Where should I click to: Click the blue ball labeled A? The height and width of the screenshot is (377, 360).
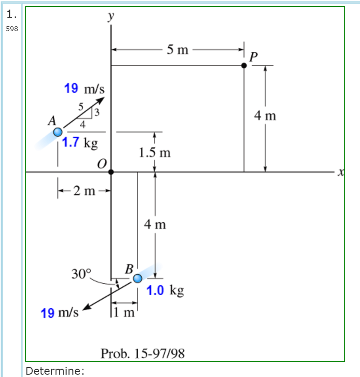tap(58, 132)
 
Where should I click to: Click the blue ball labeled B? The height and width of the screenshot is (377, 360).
tap(138, 279)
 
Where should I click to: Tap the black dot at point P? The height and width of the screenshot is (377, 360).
tap(244, 66)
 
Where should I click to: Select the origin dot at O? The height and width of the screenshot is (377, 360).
tap(111, 172)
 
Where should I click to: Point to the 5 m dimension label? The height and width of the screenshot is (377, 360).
tap(177, 50)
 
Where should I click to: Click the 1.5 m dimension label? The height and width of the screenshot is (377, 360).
tap(155, 152)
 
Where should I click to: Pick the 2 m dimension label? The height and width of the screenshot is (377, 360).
tap(84, 191)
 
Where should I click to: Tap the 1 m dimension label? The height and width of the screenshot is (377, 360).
tap(124, 313)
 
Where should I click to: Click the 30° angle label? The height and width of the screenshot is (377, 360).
tap(81, 274)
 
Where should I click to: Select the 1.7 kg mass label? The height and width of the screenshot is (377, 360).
tap(80, 142)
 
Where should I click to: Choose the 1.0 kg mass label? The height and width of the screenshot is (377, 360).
tap(165, 290)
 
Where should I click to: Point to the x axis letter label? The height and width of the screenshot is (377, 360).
tap(341, 172)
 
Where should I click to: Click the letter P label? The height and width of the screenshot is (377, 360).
tap(253, 57)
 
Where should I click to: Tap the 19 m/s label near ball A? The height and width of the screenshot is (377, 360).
tap(84, 89)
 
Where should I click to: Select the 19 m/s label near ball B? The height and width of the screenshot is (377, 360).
tap(60, 313)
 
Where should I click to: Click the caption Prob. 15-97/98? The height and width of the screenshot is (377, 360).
tap(143, 354)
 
